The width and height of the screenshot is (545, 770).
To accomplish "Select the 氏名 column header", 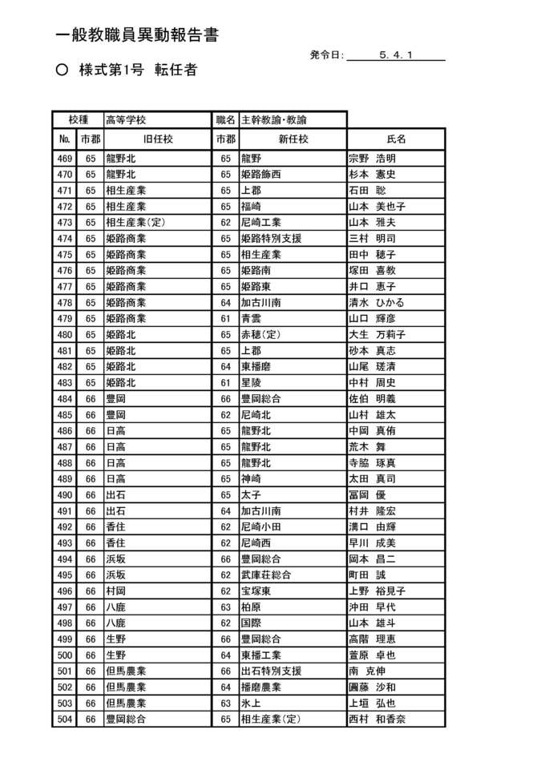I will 396,139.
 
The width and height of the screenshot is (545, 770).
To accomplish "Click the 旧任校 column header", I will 156,139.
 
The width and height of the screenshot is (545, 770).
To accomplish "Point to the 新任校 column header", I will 293,139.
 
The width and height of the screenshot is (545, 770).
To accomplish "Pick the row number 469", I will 65,159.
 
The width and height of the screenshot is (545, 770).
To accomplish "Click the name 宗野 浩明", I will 372,159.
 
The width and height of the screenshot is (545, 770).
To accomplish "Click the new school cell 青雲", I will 251,319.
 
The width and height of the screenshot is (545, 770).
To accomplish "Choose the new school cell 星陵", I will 251,383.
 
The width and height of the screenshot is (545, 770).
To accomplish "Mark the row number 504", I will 65,720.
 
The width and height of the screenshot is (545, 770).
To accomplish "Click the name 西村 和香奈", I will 377,720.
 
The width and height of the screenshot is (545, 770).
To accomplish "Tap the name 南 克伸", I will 366,671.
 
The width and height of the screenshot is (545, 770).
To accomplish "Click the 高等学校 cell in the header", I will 126,119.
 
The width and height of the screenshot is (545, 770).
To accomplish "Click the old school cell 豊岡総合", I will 126,720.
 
